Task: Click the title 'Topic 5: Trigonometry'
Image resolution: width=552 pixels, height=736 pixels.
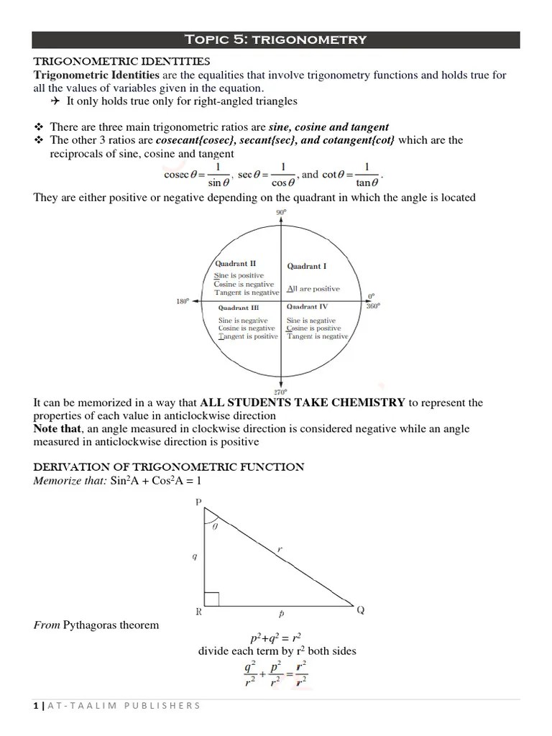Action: [x=276, y=40]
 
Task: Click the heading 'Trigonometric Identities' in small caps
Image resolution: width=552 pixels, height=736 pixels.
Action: [x=121, y=62]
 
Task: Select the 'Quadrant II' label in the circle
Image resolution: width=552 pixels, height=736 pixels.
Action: [x=231, y=264]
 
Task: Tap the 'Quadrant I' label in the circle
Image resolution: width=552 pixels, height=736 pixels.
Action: [x=307, y=267]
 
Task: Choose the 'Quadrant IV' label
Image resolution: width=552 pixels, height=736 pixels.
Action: [x=307, y=306]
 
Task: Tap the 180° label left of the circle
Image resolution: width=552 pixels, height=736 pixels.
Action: [x=183, y=302]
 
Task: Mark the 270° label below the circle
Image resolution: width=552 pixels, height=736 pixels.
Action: [x=280, y=392]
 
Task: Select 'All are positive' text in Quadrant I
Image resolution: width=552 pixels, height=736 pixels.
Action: [x=313, y=289]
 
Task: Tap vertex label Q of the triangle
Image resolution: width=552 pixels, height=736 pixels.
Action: [x=361, y=611]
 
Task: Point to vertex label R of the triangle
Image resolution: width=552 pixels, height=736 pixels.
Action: [x=198, y=612]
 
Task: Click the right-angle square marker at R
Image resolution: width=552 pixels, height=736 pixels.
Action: [x=211, y=599]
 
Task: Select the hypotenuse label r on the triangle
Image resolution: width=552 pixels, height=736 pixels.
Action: [x=279, y=549]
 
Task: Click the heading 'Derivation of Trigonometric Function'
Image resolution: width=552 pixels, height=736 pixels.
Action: [x=169, y=467]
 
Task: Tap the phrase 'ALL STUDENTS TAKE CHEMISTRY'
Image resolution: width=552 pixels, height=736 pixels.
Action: [x=303, y=402]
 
